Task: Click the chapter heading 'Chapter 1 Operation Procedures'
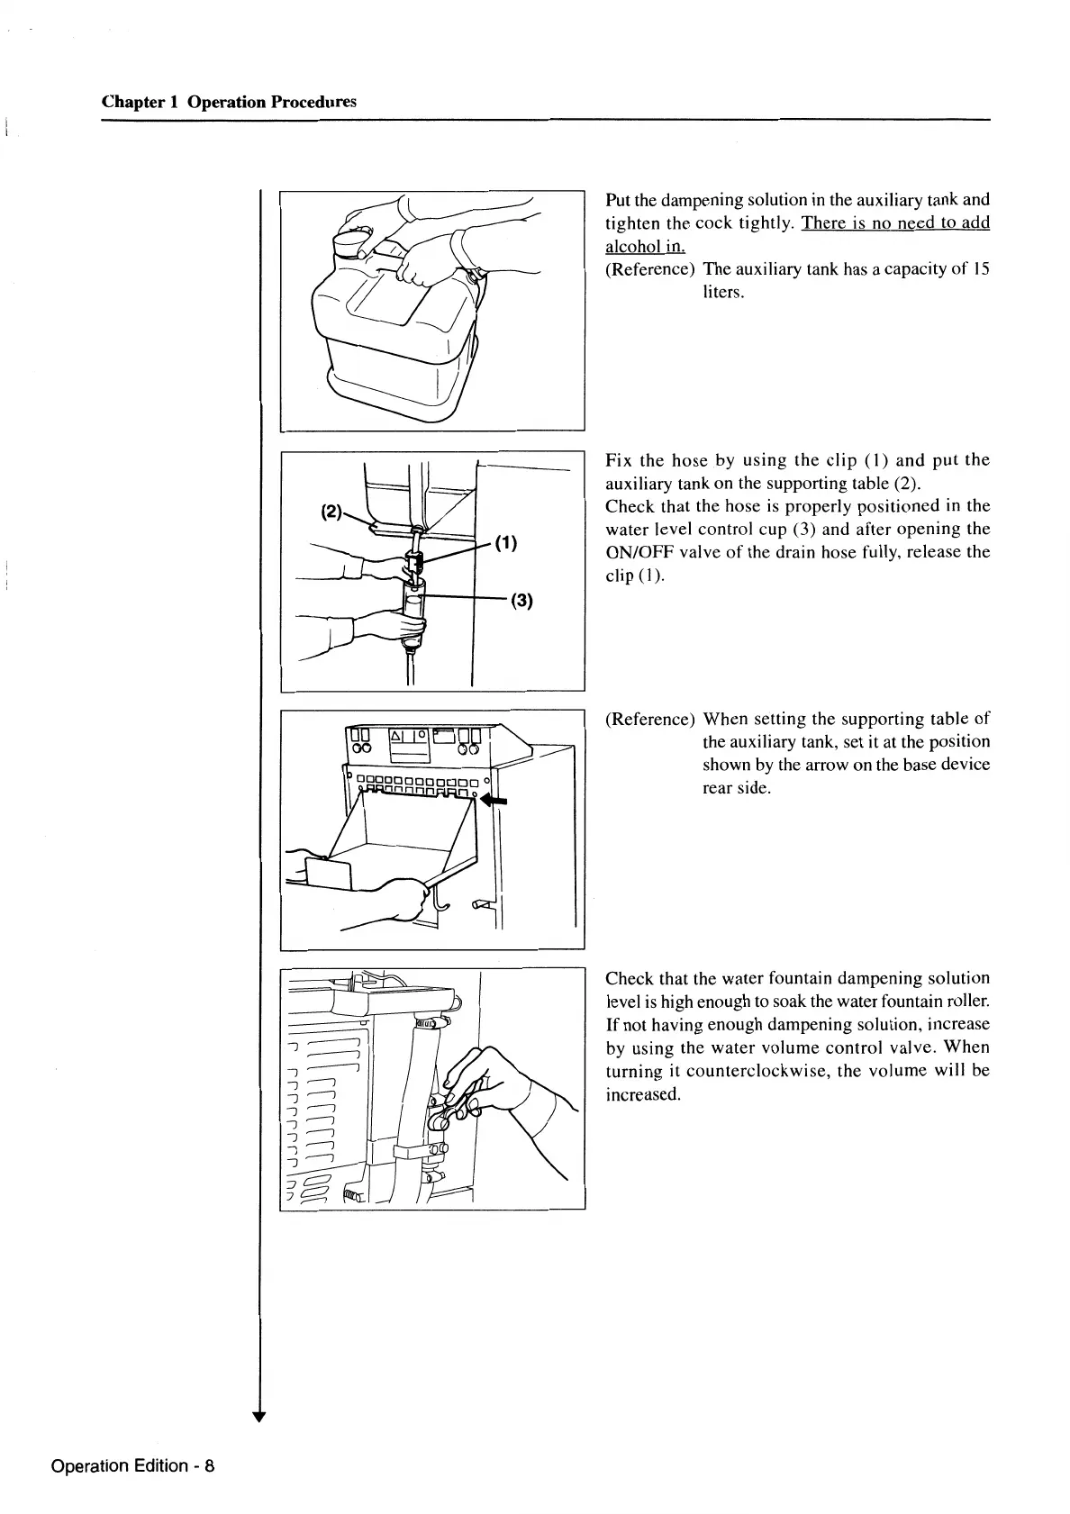(229, 102)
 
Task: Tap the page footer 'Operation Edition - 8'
(133, 1465)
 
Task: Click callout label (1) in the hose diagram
(506, 543)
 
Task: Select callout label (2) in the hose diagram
(332, 512)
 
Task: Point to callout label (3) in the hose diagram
(521, 601)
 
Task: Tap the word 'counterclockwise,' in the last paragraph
(791, 1071)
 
